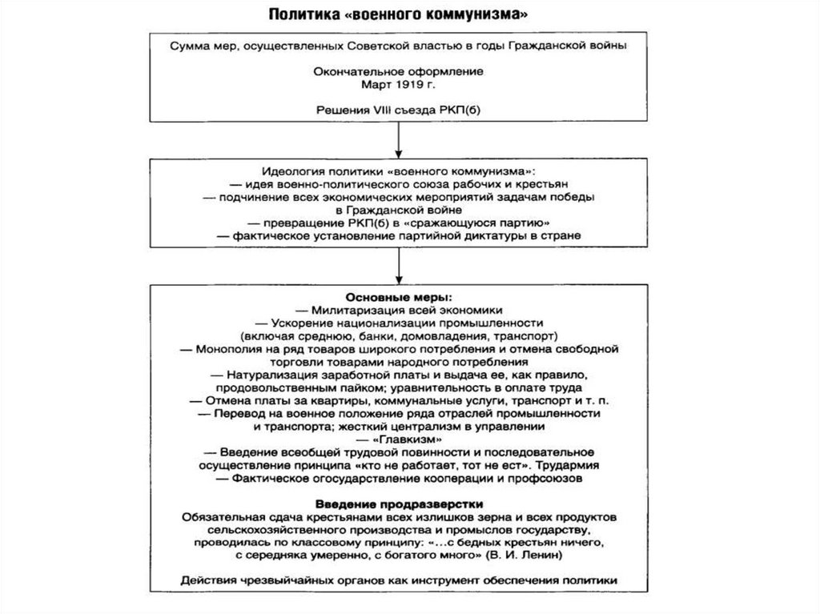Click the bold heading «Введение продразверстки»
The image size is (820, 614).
pos(398,504)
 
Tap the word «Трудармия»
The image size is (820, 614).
pos(567,465)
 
